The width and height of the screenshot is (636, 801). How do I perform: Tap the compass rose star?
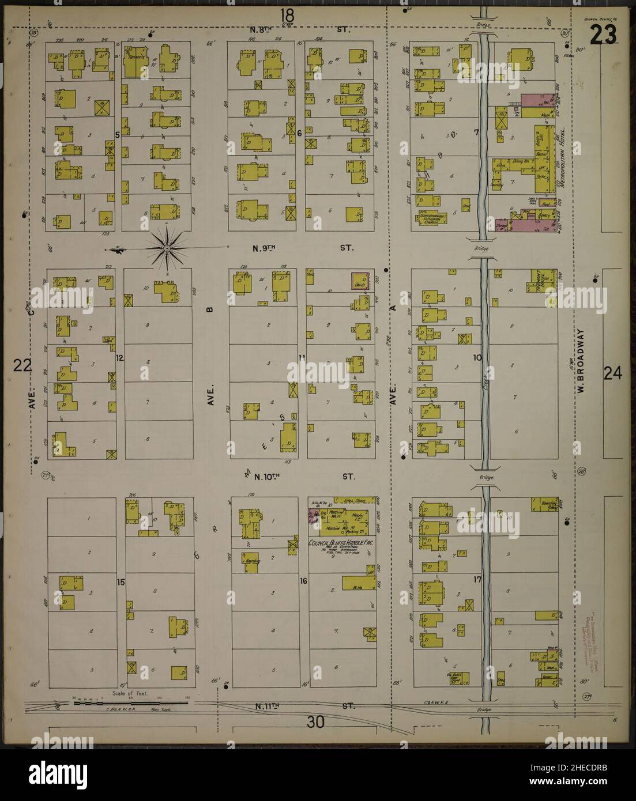click(167, 248)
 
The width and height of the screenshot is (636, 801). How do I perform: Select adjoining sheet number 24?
click(612, 374)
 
